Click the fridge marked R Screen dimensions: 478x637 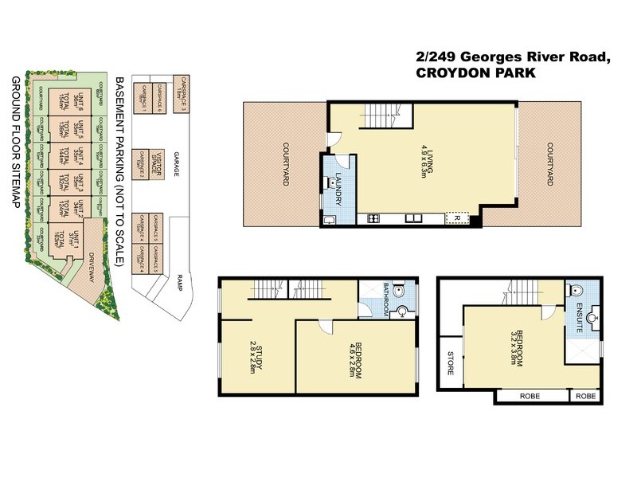[456, 217]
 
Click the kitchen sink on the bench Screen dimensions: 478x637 [413, 218]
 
